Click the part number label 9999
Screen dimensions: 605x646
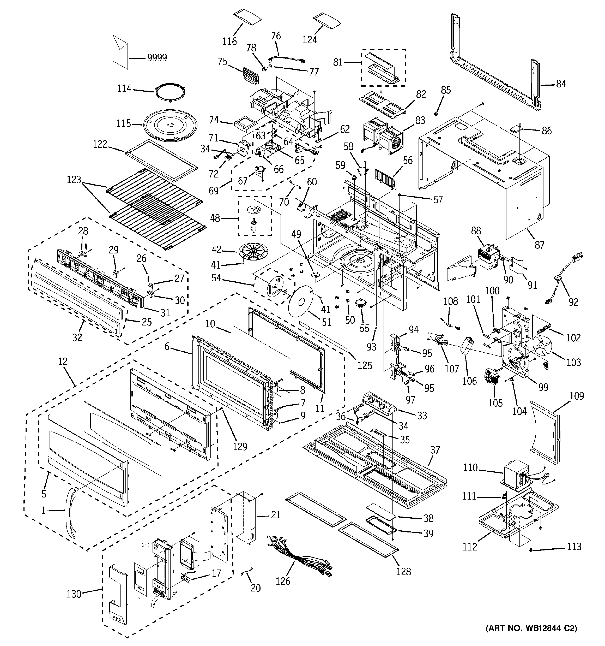(x=157, y=58)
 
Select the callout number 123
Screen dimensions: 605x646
(x=74, y=180)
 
